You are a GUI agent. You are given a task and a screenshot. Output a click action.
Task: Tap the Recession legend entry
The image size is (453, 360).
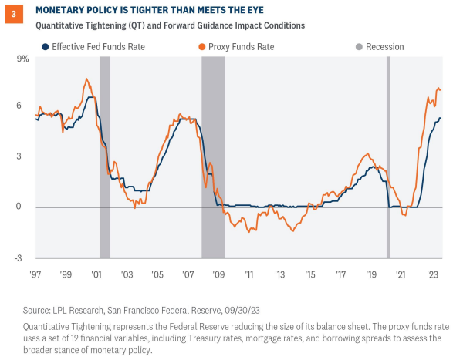pyautogui.click(x=383, y=46)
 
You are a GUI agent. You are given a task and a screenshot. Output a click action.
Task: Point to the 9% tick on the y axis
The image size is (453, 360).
pyautogui.click(x=22, y=59)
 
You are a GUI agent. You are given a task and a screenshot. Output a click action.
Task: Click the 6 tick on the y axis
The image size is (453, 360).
pyautogui.click(x=26, y=105)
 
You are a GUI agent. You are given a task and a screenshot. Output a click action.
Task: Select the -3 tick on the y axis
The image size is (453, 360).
pyautogui.click(x=25, y=257)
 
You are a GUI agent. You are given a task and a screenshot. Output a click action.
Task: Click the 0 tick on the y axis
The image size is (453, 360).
pyautogui.click(x=26, y=207)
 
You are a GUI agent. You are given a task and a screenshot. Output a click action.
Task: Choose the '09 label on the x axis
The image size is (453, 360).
pyautogui.click(x=218, y=274)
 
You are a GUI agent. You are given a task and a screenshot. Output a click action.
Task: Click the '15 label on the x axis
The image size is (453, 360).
pyautogui.click(x=310, y=274)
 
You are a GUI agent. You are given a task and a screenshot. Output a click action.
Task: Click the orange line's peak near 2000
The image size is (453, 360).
pyautogui.click(x=86, y=79)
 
